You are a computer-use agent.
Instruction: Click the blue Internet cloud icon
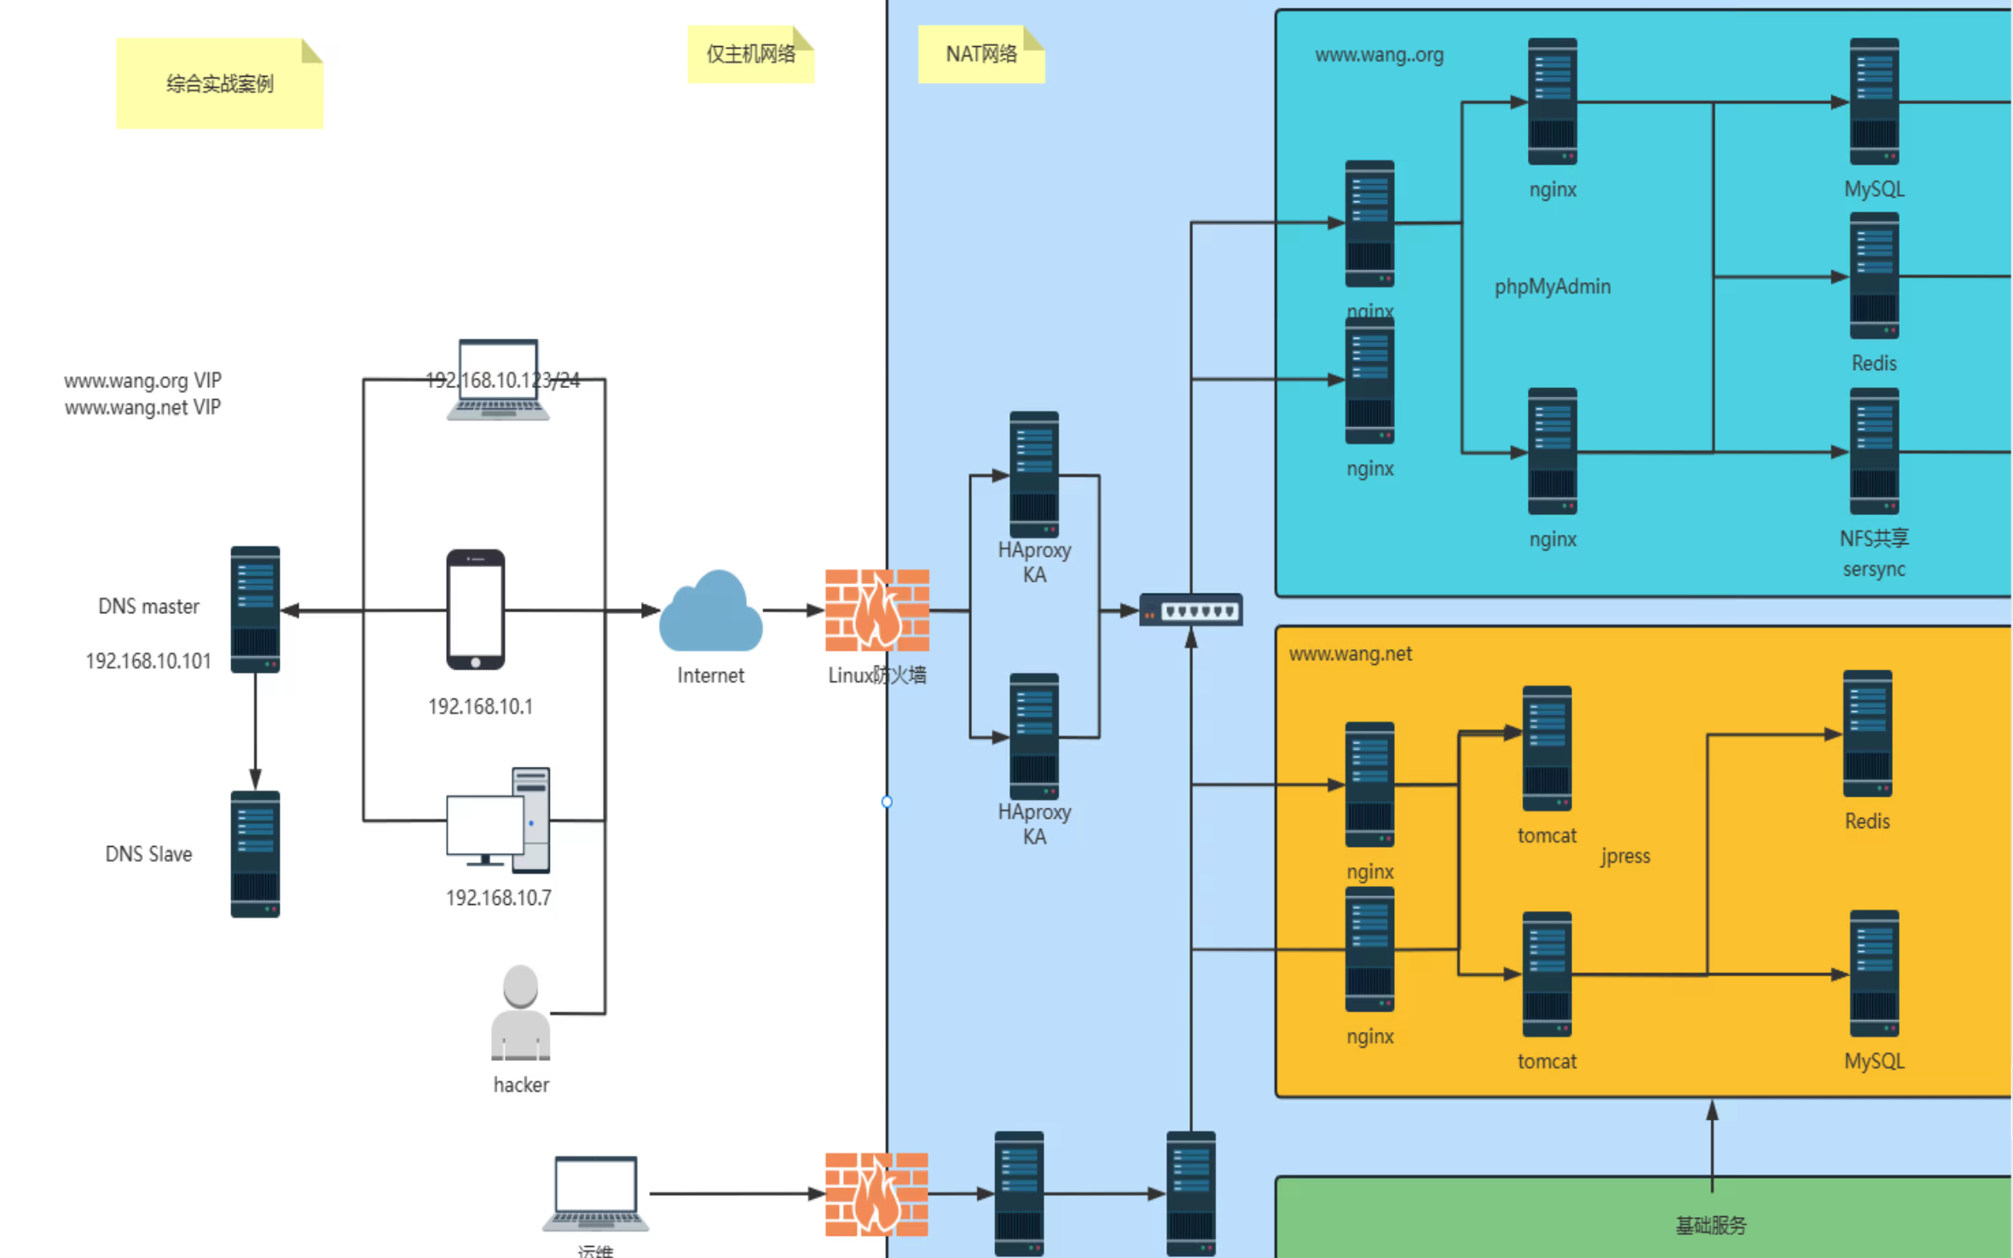[x=710, y=611]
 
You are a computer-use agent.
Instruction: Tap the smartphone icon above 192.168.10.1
[x=476, y=609]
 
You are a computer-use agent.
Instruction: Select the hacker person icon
[x=520, y=1012]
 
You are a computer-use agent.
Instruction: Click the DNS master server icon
[x=255, y=609]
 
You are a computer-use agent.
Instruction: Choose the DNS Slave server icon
[x=255, y=854]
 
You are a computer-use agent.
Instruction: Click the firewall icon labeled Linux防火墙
[x=876, y=611]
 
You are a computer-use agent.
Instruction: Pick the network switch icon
[x=1190, y=610]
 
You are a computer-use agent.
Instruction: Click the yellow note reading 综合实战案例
[x=219, y=84]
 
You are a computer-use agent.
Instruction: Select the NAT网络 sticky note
[x=980, y=54]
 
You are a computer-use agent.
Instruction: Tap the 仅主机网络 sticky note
[x=750, y=54]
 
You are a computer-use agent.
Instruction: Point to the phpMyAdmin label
[x=1552, y=287]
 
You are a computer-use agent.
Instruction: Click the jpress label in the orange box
[x=1624, y=855]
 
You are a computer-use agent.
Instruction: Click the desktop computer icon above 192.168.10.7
[x=498, y=820]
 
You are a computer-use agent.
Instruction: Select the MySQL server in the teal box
[x=1873, y=101]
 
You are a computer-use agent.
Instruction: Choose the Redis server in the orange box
[x=1867, y=733]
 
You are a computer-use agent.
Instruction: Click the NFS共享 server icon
[x=1873, y=451]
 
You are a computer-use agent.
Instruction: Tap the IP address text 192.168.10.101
[x=148, y=661]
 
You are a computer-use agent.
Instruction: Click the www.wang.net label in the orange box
[x=1350, y=654]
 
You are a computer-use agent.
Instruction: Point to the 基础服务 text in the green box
[x=1710, y=1226]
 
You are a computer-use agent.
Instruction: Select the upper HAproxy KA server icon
[x=1033, y=474]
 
